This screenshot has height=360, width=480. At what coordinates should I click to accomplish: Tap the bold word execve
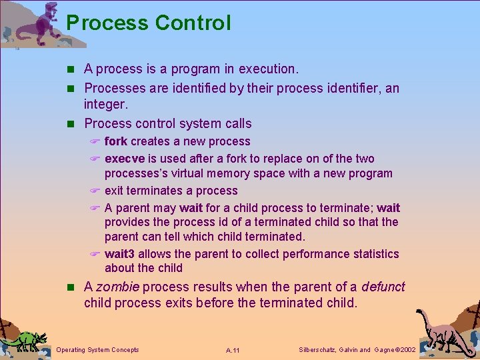click(x=125, y=159)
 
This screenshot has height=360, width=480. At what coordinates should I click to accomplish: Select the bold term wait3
click(x=121, y=254)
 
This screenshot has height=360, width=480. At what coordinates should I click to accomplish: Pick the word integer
click(x=105, y=105)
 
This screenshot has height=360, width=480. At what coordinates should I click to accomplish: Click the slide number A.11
click(x=233, y=350)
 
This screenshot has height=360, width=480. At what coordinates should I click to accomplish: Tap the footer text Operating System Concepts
click(x=98, y=350)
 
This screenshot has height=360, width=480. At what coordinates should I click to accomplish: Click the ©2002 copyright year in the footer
click(x=403, y=350)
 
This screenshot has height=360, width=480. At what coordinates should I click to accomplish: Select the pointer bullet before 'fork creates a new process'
click(x=95, y=142)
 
